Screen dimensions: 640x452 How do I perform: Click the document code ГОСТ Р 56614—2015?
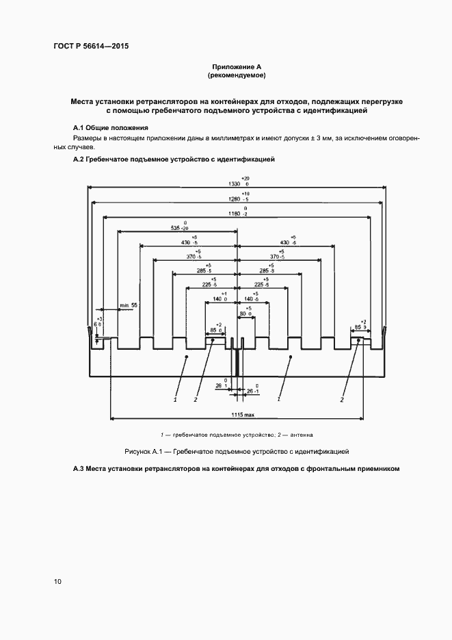[91, 47]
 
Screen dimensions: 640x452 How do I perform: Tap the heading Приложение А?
[236, 66]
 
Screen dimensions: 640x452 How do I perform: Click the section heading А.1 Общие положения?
[111, 128]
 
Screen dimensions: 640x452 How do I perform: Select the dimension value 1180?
[235, 214]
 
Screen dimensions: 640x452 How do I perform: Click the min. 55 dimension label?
[129, 304]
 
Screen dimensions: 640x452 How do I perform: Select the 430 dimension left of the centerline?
[185, 242]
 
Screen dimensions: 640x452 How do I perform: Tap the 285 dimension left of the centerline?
[203, 271]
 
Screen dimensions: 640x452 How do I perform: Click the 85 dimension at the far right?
[356, 327]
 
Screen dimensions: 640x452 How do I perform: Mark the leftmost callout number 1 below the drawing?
[175, 398]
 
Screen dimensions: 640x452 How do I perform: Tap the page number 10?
[57, 582]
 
